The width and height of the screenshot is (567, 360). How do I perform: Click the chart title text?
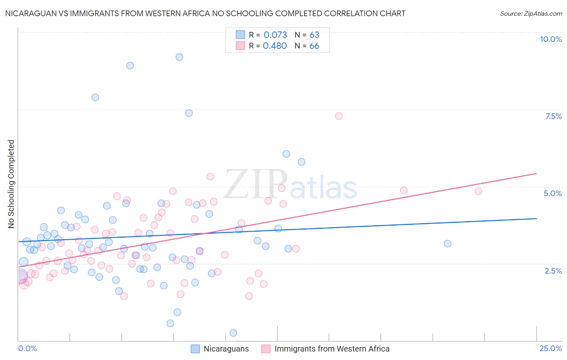click(205, 13)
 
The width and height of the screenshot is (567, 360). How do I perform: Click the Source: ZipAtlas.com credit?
click(531, 13)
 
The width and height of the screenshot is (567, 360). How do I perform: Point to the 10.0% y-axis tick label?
click(550, 39)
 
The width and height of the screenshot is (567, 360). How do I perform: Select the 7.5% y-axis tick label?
click(553, 116)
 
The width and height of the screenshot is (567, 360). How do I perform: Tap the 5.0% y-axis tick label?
click(552, 193)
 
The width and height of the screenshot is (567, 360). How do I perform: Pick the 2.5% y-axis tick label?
click(553, 271)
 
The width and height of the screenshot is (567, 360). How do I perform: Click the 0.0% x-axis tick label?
click(27, 348)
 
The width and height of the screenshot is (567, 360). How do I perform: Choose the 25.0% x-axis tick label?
click(550, 348)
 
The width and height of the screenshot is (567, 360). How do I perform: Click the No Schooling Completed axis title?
click(11, 184)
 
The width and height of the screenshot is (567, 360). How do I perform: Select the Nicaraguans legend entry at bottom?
click(226, 349)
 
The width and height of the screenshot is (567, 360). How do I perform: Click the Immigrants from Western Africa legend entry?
click(331, 349)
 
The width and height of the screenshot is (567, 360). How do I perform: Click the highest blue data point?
click(179, 57)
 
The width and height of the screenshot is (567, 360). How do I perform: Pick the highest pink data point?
click(339, 116)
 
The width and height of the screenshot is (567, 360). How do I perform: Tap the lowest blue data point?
click(233, 333)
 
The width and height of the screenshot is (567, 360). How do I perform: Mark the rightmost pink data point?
click(478, 191)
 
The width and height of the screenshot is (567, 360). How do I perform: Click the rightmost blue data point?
click(448, 244)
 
